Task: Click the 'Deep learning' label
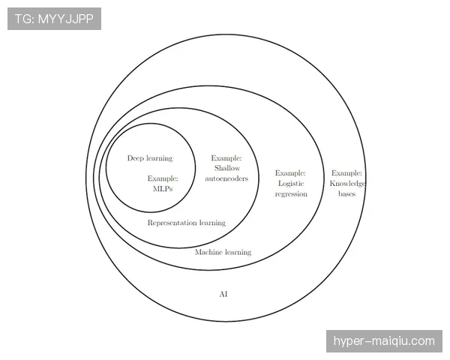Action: pos(150,158)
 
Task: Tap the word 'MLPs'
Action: pos(163,188)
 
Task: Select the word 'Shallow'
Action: pos(227,168)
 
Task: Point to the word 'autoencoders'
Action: pos(226,178)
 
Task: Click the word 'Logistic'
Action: pos(291,184)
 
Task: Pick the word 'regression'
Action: pos(291,194)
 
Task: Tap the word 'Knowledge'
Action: pos(347,184)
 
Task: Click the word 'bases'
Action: pos(347,193)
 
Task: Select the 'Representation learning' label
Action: pos(187,223)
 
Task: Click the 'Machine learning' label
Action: pos(223,252)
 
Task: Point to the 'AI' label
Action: pos(223,294)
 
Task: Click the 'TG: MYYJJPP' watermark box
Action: pos(54,19)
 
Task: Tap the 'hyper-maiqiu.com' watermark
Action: pos(384,341)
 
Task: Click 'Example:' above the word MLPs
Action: pos(163,178)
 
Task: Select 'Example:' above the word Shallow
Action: pos(226,158)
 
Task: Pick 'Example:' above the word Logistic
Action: pos(290,172)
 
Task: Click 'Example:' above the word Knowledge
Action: pos(346,172)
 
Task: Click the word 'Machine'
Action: pos(208,252)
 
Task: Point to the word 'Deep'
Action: pos(136,158)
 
